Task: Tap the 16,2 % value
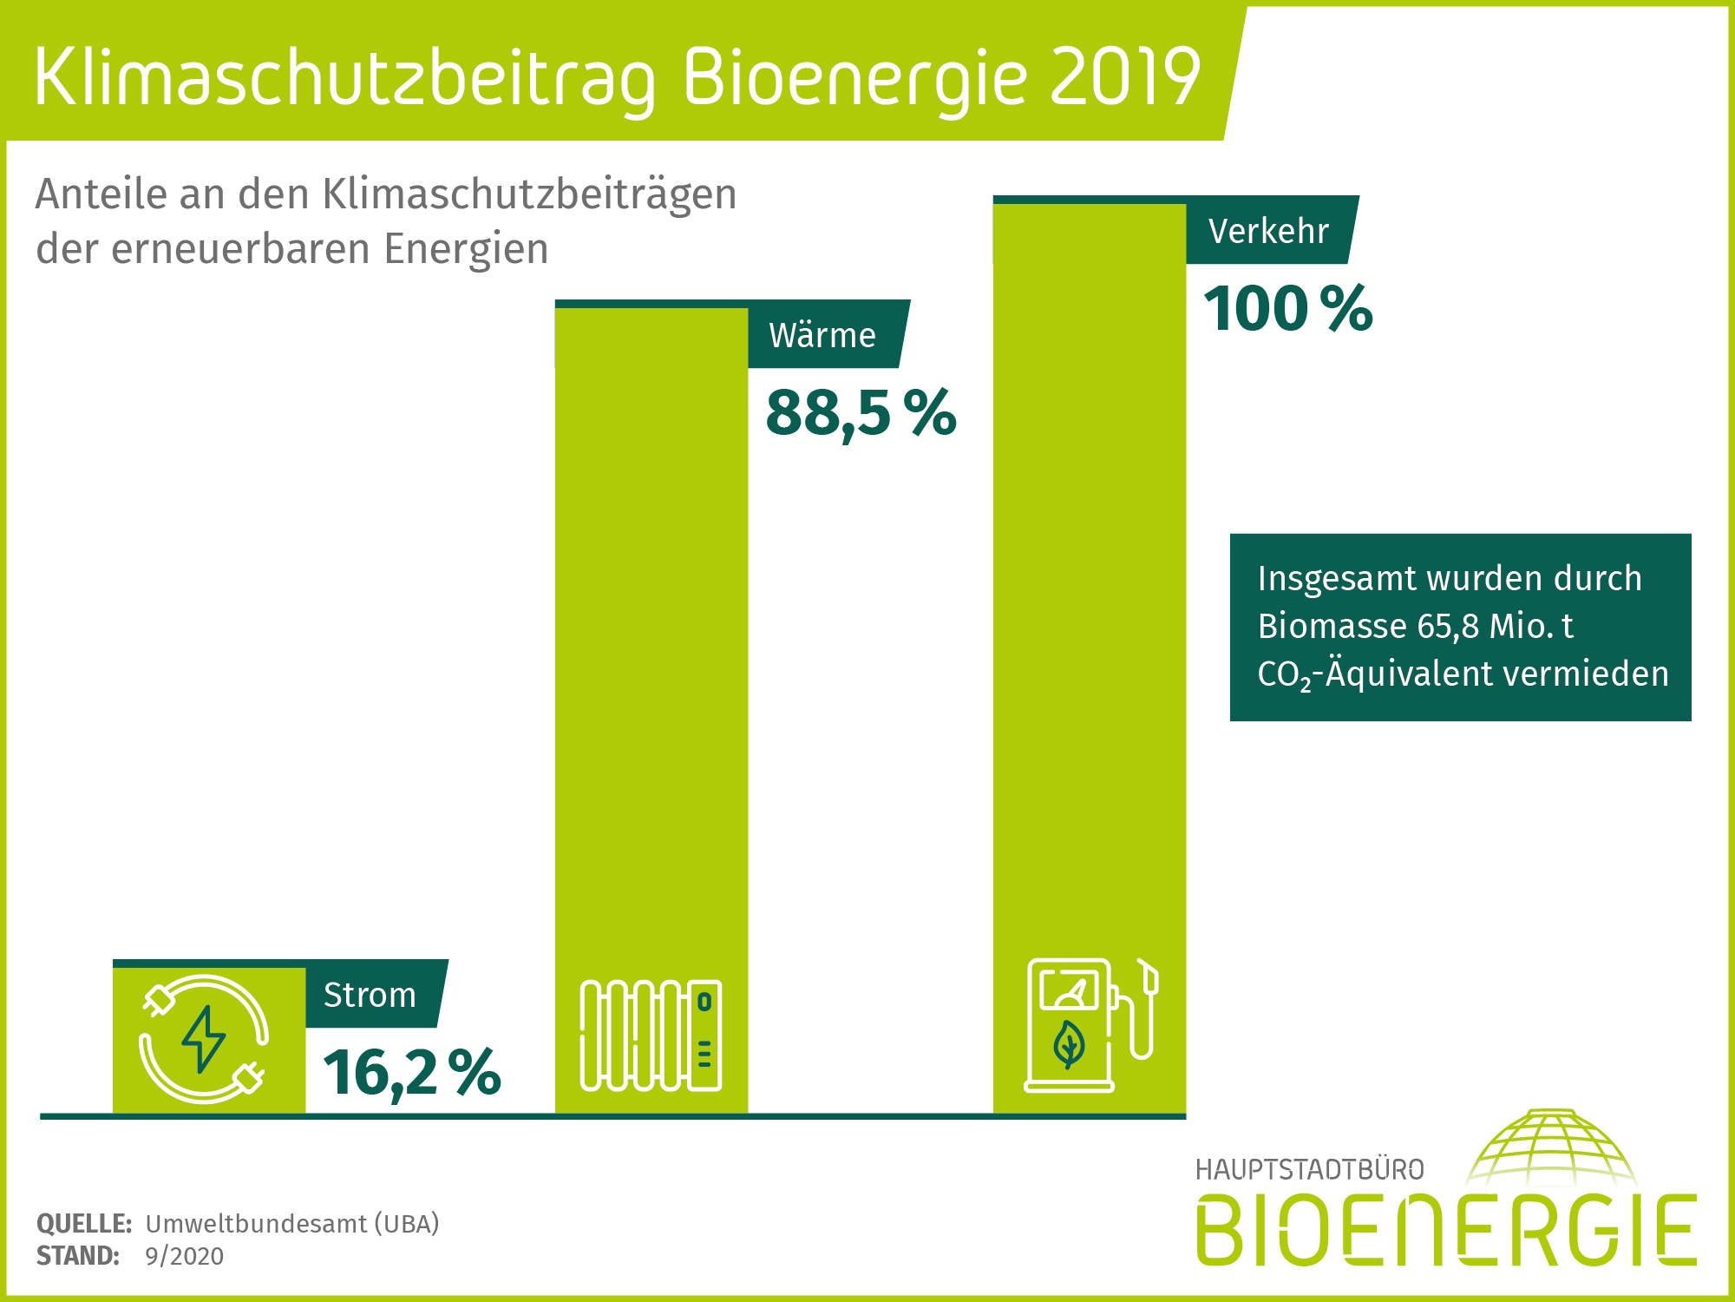pyautogui.click(x=412, y=1073)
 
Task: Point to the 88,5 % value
pyautogui.click(x=861, y=412)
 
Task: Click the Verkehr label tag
pyautogui.click(x=1268, y=231)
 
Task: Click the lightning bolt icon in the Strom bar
pyautogui.click(x=204, y=1039)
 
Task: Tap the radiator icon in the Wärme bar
pyautogui.click(x=651, y=1036)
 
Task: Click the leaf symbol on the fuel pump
pyautogui.click(x=1069, y=1044)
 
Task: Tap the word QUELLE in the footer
pyautogui.click(x=83, y=1224)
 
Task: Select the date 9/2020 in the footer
pyautogui.click(x=184, y=1256)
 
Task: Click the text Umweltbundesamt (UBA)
pyautogui.click(x=292, y=1224)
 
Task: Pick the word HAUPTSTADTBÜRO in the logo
pyautogui.click(x=1309, y=1170)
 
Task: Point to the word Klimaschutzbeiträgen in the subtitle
pyautogui.click(x=529, y=194)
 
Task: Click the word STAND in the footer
pyautogui.click(x=77, y=1256)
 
